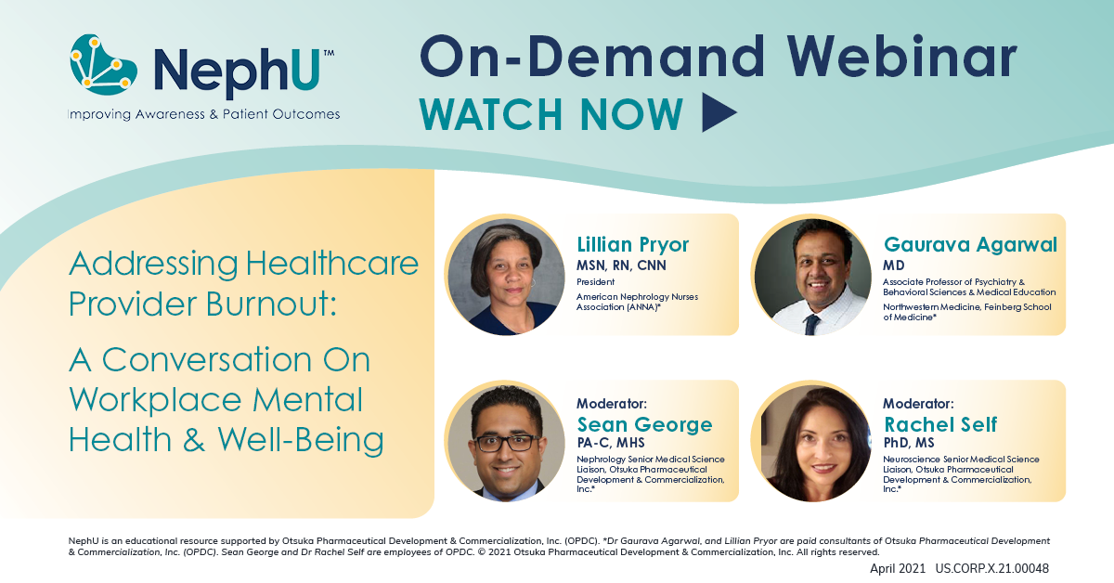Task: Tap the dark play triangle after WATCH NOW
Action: (719, 112)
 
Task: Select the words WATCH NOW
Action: (551, 113)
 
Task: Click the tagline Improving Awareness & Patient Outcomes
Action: (203, 114)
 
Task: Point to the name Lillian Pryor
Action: (633, 245)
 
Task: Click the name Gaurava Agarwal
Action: (970, 245)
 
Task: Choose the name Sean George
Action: (644, 425)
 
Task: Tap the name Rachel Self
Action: (940, 425)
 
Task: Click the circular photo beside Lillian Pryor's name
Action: (506, 276)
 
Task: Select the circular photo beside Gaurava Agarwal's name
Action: (812, 276)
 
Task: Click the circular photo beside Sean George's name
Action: (506, 442)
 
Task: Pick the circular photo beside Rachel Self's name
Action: (812, 442)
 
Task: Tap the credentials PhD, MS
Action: (913, 443)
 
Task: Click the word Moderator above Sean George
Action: (611, 405)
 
